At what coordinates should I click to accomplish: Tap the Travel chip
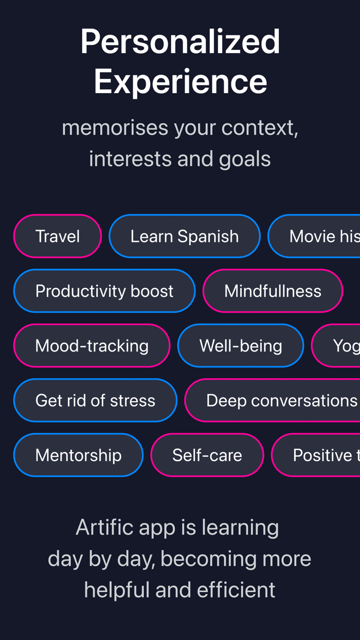click(58, 236)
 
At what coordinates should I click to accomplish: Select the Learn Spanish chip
click(185, 236)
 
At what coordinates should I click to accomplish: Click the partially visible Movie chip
click(315, 236)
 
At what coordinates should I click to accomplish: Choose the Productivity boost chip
click(104, 291)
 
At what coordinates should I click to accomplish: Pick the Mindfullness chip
click(273, 291)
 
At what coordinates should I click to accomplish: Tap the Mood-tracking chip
click(92, 345)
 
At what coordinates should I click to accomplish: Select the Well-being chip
click(241, 345)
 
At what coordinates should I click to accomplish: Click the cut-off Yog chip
click(337, 345)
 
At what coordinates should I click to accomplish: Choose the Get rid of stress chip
click(95, 400)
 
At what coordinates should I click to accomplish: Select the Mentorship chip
click(78, 455)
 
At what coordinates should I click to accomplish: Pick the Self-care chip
click(207, 455)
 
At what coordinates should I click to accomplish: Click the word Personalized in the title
click(180, 42)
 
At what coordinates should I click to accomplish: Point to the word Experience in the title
click(180, 81)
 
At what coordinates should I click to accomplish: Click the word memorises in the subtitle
click(115, 128)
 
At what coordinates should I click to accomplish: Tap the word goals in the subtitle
click(245, 159)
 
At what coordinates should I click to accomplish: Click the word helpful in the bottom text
click(117, 590)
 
